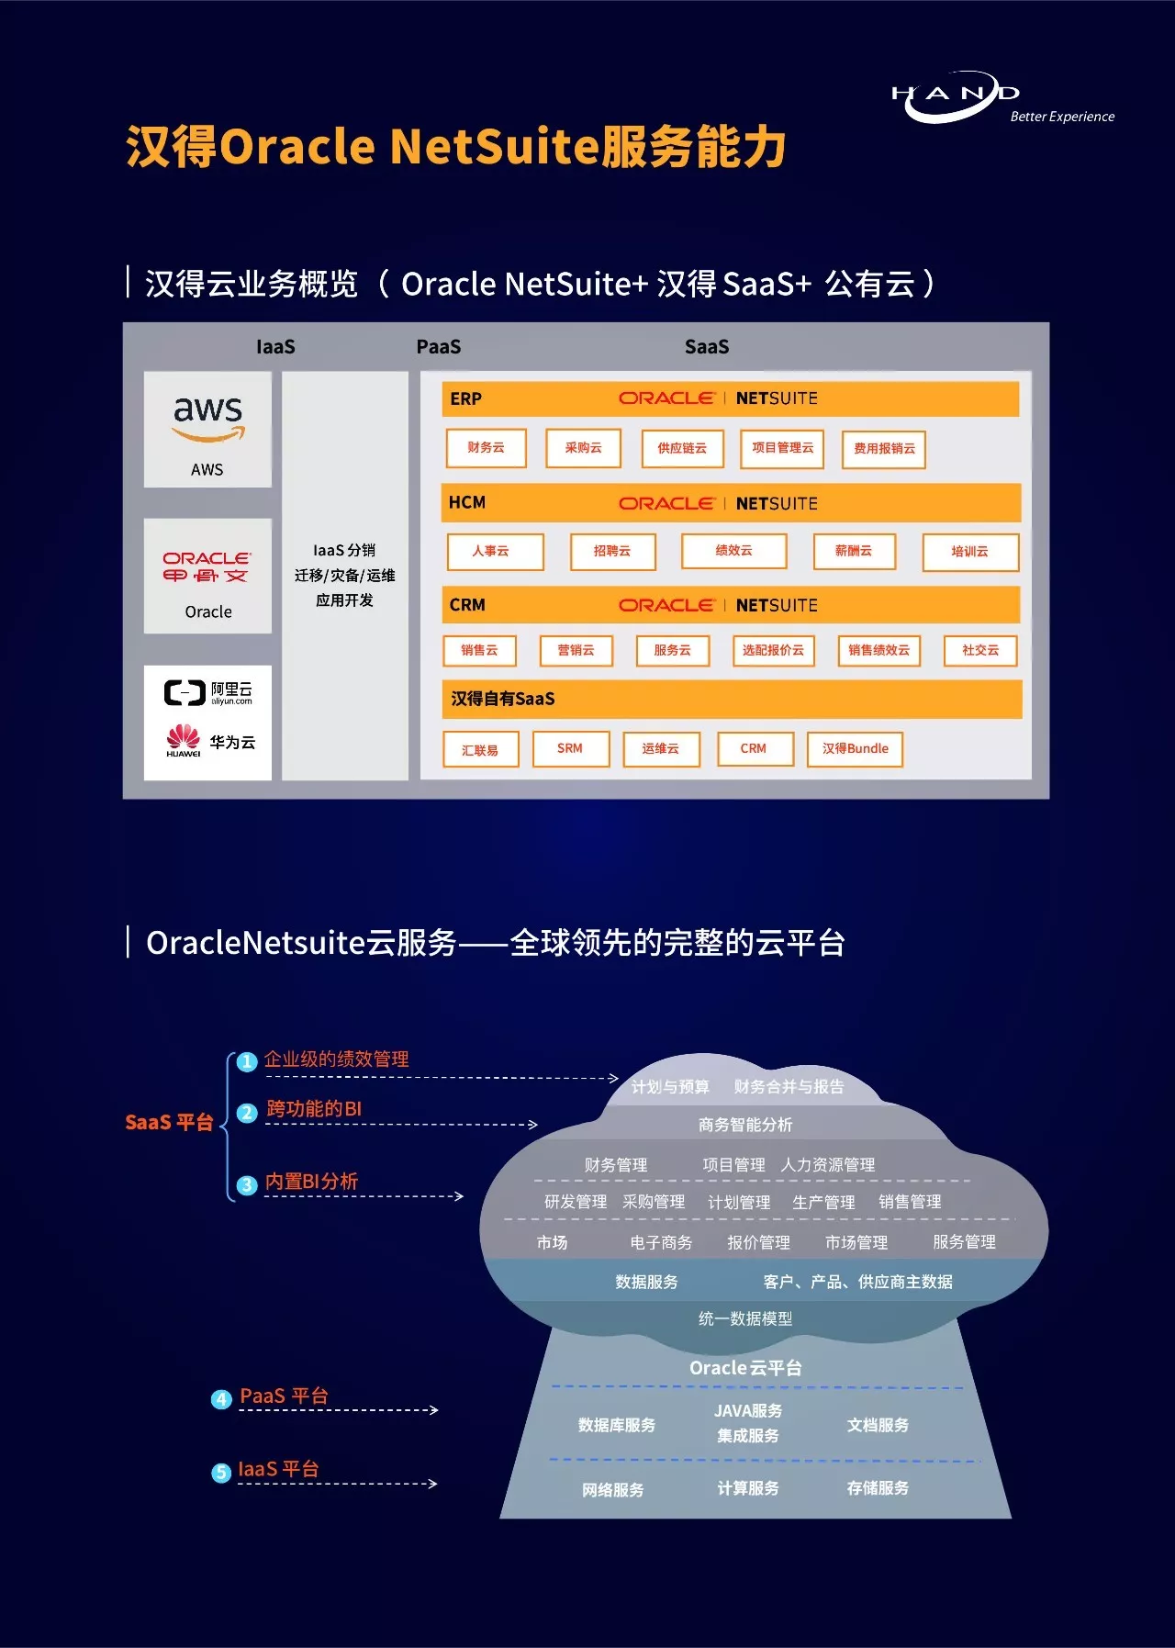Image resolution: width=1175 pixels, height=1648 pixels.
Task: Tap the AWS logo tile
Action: (x=207, y=429)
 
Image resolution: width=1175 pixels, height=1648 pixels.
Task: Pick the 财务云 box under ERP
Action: (x=486, y=448)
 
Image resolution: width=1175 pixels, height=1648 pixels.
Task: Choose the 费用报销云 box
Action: (x=884, y=449)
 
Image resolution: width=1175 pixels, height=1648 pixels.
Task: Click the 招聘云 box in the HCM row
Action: (x=612, y=552)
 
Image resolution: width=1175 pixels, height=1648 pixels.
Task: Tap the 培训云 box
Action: (x=970, y=552)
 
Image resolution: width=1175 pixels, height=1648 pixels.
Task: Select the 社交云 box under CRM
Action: (x=980, y=650)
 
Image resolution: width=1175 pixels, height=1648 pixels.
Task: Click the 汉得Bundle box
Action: (x=855, y=748)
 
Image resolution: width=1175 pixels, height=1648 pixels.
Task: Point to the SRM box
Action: (x=570, y=748)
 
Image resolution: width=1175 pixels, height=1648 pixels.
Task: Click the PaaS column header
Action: (x=439, y=347)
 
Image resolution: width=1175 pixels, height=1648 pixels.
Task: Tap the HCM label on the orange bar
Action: (x=467, y=502)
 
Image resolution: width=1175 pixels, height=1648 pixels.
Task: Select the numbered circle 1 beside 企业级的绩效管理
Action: (x=246, y=1062)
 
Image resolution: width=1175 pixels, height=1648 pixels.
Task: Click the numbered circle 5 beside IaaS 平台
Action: (x=221, y=1473)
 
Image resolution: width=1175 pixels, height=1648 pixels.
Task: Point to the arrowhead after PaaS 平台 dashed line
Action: (x=434, y=1409)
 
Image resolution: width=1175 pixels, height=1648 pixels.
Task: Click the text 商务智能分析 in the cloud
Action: (x=744, y=1125)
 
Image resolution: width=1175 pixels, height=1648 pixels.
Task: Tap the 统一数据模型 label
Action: (x=744, y=1318)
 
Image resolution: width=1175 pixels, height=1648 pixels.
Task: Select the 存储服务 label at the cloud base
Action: (x=878, y=1487)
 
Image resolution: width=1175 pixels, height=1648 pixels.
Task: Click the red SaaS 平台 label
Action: (x=169, y=1122)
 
